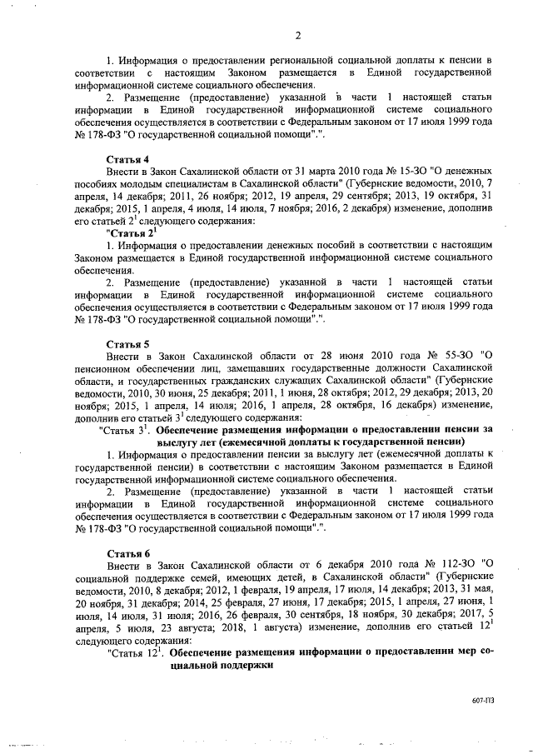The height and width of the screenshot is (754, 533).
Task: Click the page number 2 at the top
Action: tap(296, 33)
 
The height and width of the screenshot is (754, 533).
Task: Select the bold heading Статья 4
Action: tap(128, 158)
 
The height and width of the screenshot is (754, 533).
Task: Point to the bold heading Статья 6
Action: tap(128, 552)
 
